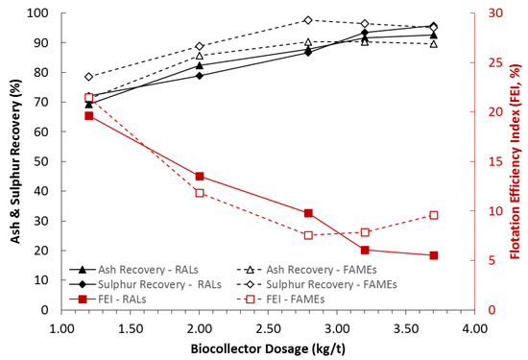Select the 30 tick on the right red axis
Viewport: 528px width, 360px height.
tap(490, 13)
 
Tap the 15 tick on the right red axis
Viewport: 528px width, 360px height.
tap(490, 161)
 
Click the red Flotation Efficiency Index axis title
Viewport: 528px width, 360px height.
tap(515, 161)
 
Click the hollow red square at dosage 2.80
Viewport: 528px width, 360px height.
tap(308, 235)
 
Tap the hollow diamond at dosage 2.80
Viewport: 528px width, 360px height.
tap(308, 20)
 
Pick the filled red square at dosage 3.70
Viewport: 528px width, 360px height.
tap(433, 255)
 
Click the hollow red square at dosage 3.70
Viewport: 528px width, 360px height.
tap(433, 215)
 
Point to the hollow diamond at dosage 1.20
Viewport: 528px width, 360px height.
tap(89, 77)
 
